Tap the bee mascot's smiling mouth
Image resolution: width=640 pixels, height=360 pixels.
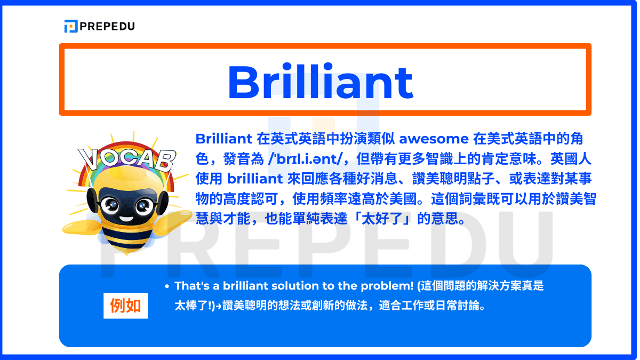(126, 217)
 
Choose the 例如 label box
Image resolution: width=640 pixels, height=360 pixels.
(125, 306)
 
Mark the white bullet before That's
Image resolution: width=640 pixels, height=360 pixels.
(167, 287)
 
